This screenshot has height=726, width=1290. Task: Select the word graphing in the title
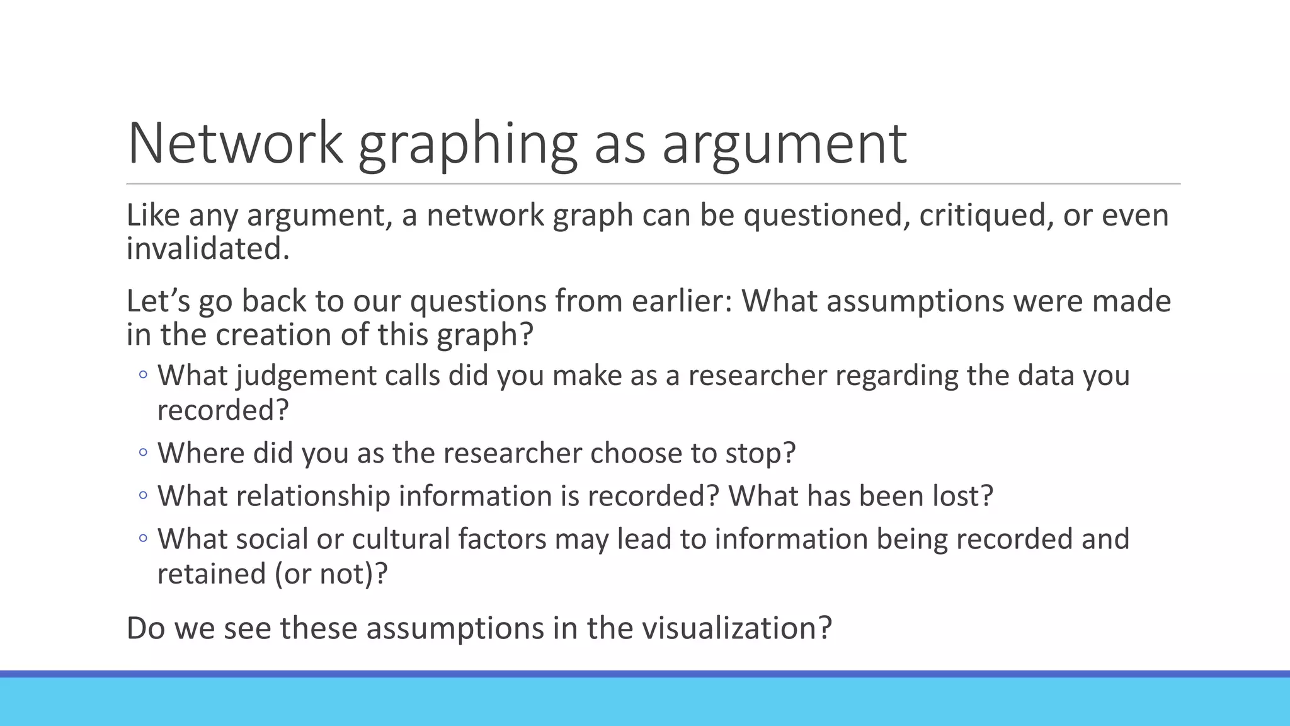click(x=467, y=145)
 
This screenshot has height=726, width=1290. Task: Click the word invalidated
click(x=208, y=248)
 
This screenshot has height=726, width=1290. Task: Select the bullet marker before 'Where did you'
click(x=143, y=452)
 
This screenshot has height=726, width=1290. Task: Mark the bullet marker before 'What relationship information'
click(x=143, y=495)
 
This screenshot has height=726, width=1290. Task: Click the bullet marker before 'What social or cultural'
click(x=143, y=538)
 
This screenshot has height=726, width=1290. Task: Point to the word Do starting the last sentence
click(x=146, y=628)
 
